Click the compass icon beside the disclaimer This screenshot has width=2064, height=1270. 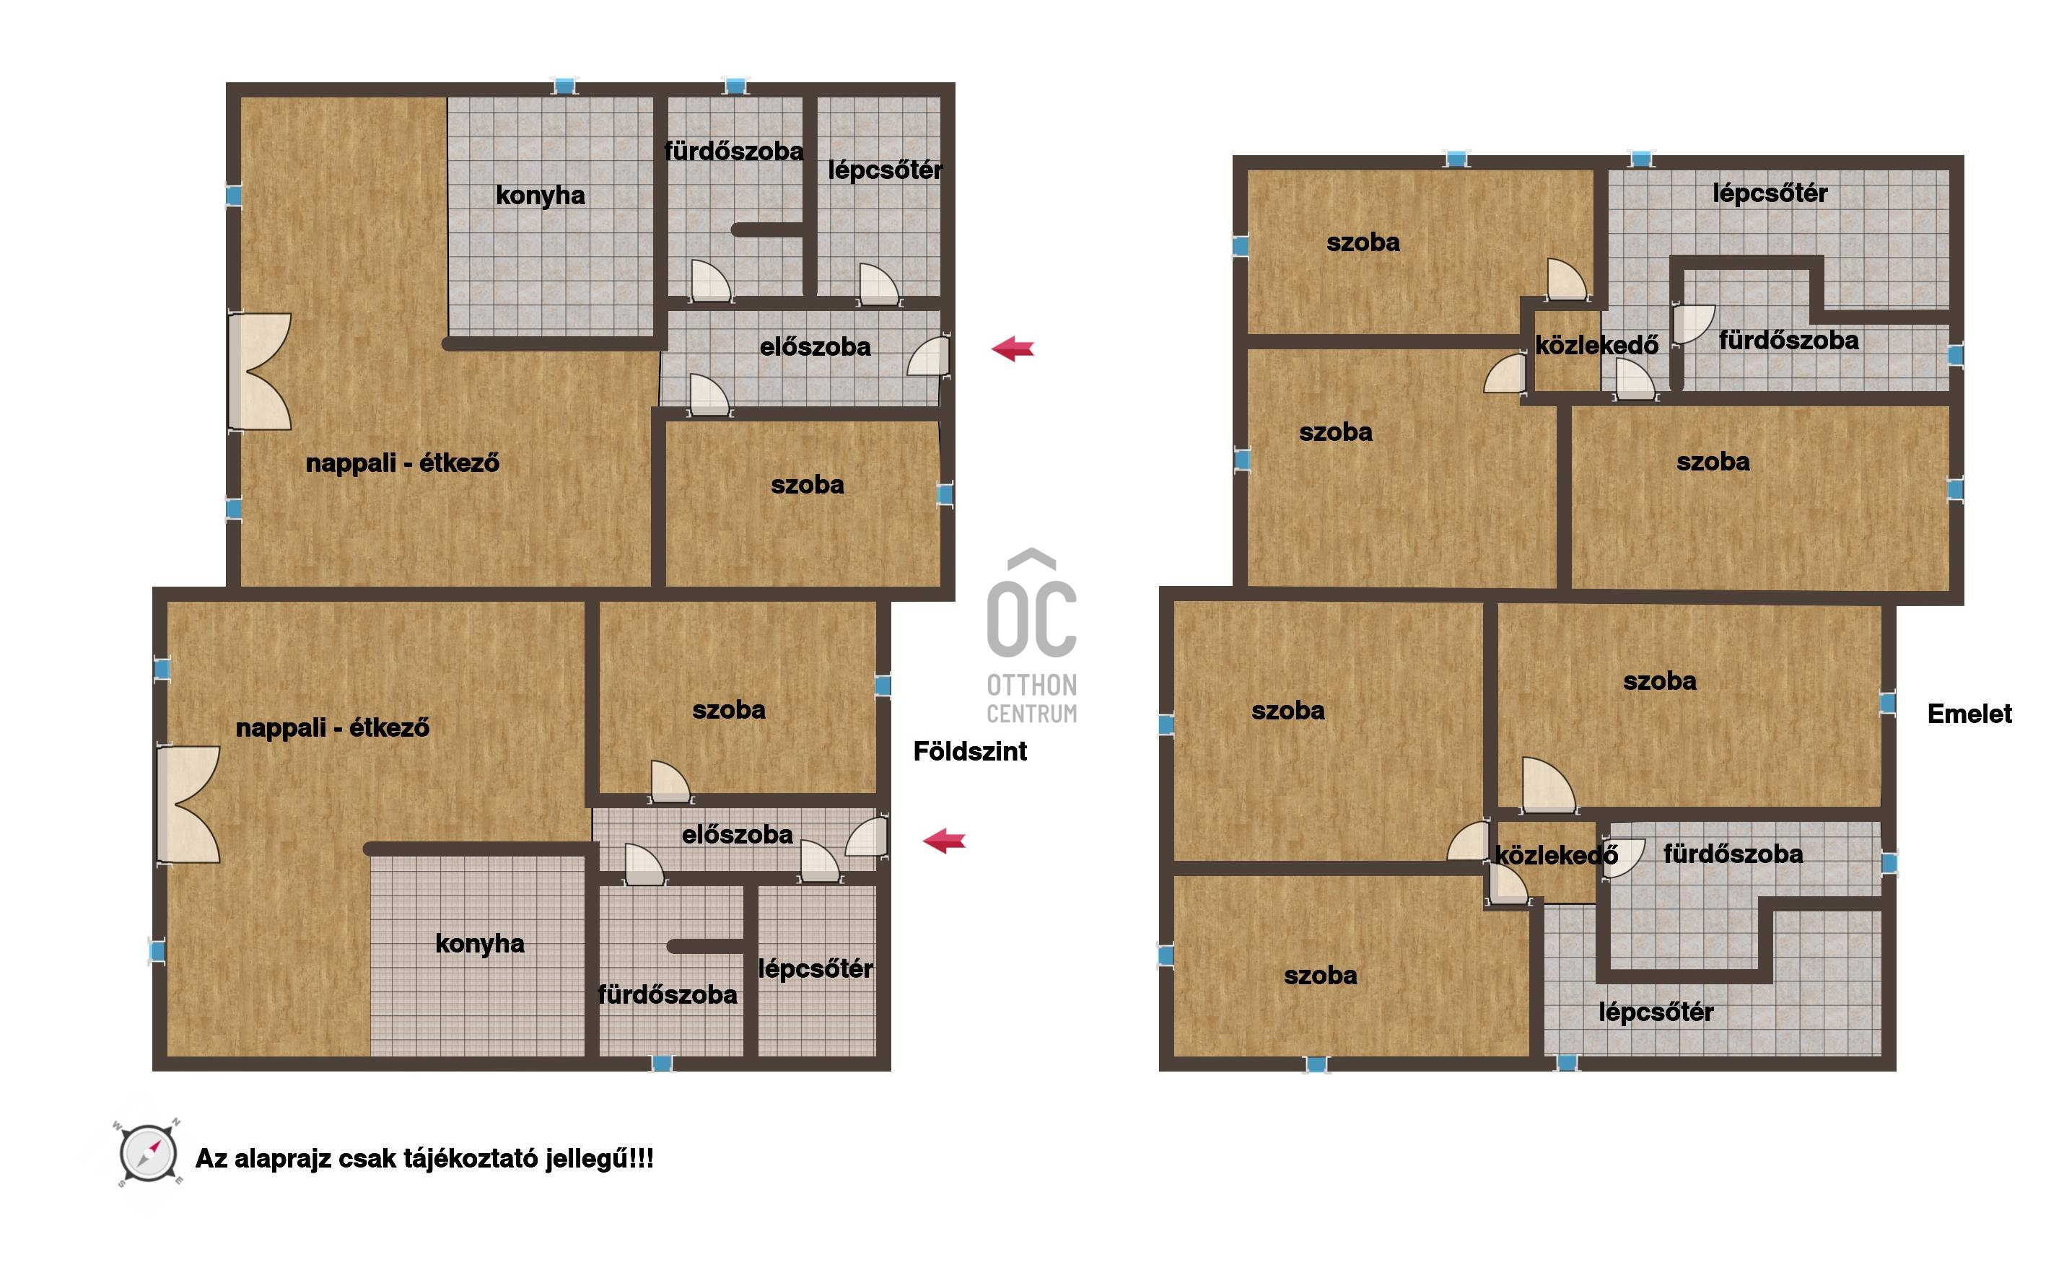[x=148, y=1153]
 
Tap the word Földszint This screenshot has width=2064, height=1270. [x=969, y=751]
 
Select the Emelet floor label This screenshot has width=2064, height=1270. [x=1969, y=714]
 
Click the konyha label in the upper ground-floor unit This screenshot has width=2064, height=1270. [x=540, y=196]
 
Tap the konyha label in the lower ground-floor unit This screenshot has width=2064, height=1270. [x=480, y=944]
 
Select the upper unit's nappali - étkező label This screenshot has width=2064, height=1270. [x=403, y=463]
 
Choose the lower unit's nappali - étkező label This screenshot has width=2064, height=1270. [x=333, y=727]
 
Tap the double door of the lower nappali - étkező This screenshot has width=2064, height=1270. [x=189, y=804]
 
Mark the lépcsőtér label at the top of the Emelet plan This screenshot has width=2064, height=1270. [x=1770, y=194]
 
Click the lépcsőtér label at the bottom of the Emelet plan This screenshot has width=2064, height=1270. [x=1656, y=1012]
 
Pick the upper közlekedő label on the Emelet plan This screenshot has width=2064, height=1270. [x=1597, y=345]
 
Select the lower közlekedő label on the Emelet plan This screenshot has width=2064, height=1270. [x=1557, y=855]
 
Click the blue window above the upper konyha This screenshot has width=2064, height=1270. [x=564, y=86]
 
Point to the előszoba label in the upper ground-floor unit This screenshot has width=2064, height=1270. [x=815, y=347]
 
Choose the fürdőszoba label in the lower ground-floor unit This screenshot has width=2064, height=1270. [x=668, y=995]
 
